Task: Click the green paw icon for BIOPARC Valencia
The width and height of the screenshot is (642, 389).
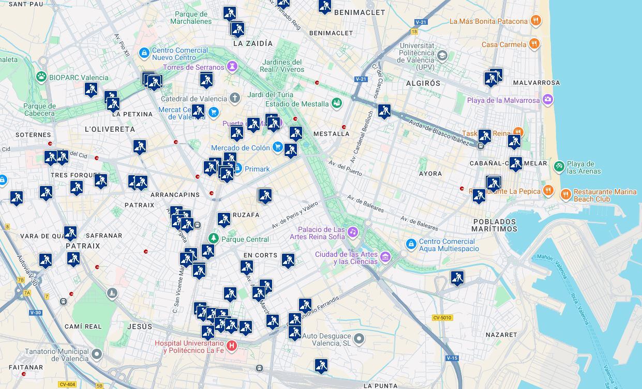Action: [41, 77]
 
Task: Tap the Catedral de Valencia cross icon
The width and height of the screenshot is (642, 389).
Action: [235, 98]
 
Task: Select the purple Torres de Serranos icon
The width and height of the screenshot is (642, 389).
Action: [232, 67]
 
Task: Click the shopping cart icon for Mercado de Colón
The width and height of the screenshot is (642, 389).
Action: [278, 148]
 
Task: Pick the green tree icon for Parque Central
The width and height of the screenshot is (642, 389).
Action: [213, 239]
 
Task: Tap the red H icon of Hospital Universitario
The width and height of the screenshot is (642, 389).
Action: [232, 345]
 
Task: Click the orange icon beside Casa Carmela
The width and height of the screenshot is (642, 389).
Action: [534, 44]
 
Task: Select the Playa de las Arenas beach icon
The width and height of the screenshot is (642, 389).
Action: [559, 166]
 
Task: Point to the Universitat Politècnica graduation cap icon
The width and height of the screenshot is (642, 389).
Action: [442, 55]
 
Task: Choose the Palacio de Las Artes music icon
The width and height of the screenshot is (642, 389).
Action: [353, 232]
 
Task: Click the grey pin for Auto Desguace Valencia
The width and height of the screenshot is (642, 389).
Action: [359, 339]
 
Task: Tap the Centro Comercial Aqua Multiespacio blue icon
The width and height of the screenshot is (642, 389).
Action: [411, 244]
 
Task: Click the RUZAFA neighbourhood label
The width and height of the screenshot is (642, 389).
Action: [246, 215]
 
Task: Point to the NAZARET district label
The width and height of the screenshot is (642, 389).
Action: [501, 335]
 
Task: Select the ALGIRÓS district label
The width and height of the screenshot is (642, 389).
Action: [423, 83]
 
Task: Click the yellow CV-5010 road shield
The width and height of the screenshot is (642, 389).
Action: [442, 318]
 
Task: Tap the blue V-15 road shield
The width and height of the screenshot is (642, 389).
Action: [452, 358]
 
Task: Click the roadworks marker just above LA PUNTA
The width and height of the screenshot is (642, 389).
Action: [321, 365]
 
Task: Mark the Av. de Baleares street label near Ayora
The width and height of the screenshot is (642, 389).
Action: [365, 204]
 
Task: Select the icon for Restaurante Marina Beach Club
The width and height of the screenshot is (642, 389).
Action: [565, 195]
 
